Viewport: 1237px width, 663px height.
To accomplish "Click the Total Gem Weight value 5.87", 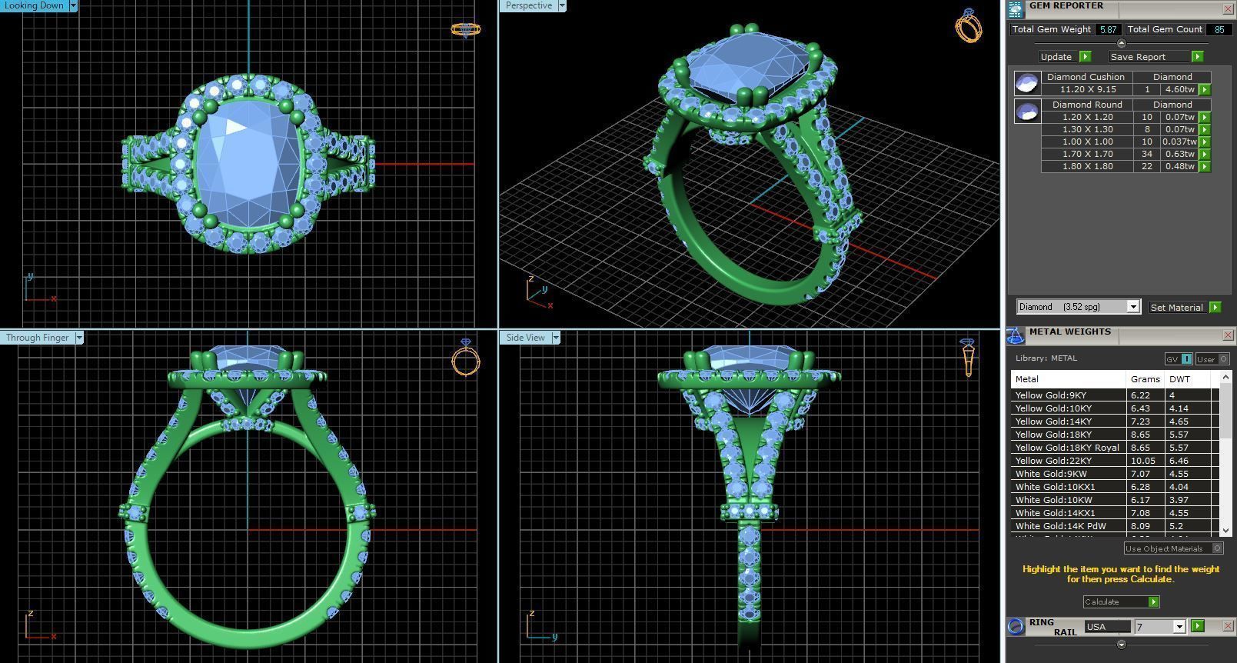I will coord(1108,30).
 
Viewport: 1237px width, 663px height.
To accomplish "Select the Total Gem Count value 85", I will coord(1219,30).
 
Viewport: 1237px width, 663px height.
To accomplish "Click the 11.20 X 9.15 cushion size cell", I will coord(1087,89).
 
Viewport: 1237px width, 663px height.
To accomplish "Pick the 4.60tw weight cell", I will coord(1179,89).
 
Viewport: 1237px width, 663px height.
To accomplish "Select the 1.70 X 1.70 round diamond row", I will coord(1087,154).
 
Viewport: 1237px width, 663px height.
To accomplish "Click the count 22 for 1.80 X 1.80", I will coord(1146,166).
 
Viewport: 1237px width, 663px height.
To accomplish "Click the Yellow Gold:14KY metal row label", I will coord(1053,421).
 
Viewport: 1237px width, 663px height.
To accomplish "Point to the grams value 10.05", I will coord(1142,461).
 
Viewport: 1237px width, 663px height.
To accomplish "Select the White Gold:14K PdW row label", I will coord(1060,526).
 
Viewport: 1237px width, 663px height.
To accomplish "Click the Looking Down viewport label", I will coord(35,5).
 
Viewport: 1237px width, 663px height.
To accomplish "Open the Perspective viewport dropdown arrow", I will coord(562,5).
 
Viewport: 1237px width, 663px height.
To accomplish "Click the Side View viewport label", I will coord(525,338).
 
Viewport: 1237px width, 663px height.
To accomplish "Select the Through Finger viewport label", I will coord(37,338).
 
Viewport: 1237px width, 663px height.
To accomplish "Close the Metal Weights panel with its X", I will coord(1227,335).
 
